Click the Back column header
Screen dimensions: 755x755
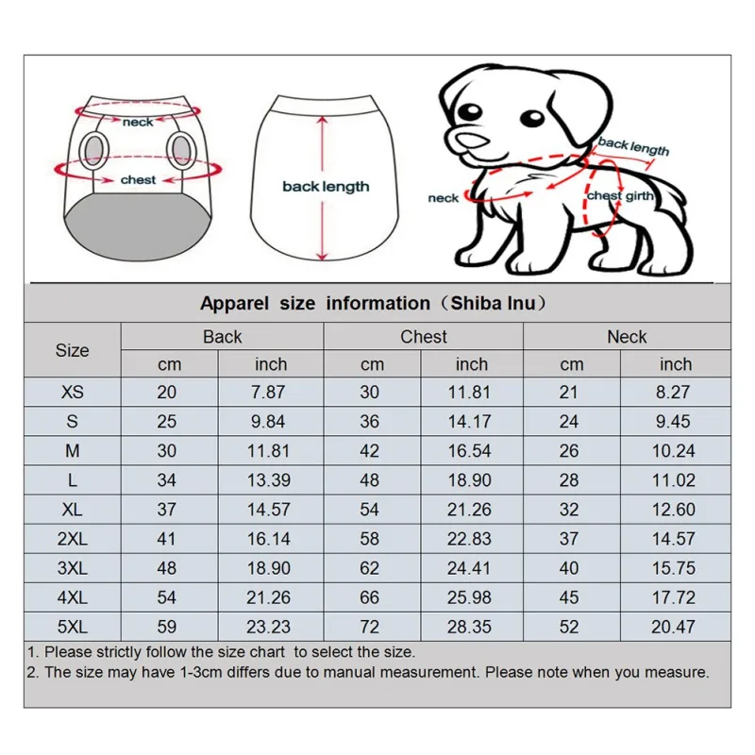click(x=222, y=337)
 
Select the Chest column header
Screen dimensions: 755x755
click(x=424, y=337)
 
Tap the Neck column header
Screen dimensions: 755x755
click(x=627, y=337)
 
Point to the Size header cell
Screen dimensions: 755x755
click(x=72, y=350)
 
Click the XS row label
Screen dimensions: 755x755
click(x=72, y=393)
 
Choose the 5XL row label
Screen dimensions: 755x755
click(x=72, y=627)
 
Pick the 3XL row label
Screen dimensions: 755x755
click(x=72, y=568)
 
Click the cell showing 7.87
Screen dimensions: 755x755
click(x=270, y=393)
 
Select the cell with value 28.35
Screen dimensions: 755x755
click(x=472, y=627)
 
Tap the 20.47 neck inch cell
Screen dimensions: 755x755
click(x=674, y=627)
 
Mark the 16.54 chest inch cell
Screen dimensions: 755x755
click(x=472, y=451)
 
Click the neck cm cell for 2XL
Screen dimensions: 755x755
click(x=569, y=539)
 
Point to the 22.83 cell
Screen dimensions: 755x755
click(x=472, y=539)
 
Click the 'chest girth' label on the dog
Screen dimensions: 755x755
click(x=618, y=196)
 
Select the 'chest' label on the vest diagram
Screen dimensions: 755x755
click(x=138, y=179)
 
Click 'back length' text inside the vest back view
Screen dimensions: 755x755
click(x=326, y=187)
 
